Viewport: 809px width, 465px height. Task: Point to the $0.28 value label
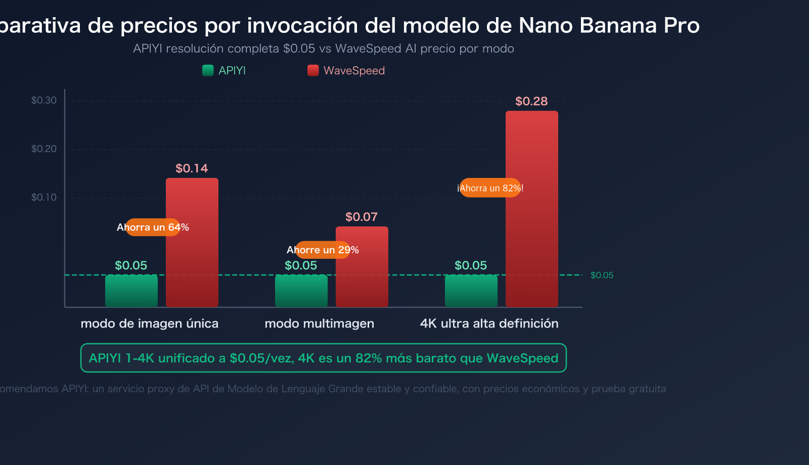531,101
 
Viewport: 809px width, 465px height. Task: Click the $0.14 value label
192,168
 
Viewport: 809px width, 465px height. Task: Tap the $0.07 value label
362,217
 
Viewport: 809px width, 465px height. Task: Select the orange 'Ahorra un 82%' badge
490,188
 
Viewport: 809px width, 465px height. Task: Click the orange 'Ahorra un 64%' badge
153,227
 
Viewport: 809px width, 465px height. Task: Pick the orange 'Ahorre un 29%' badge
323,250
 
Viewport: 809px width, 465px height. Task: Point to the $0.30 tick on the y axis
44,100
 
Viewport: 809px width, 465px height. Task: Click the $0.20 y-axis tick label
44,149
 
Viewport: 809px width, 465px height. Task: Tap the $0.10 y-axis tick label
44,197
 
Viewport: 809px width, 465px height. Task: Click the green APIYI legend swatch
208,70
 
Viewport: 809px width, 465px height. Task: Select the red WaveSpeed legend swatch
313,70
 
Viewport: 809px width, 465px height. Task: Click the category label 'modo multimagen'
319,323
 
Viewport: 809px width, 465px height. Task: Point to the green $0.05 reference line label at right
602,275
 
